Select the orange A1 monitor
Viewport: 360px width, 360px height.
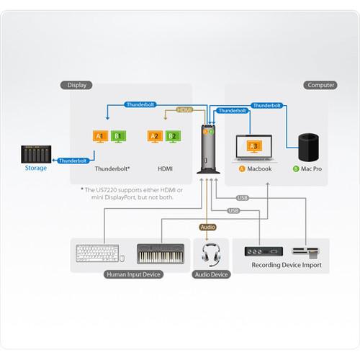point(100,136)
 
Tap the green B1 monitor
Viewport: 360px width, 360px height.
point(119,136)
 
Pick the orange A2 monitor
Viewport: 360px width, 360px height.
point(153,136)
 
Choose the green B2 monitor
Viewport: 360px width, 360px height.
point(172,136)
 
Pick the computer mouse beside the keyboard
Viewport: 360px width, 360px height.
point(122,257)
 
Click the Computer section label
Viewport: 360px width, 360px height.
point(320,85)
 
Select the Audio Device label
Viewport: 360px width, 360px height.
point(211,274)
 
